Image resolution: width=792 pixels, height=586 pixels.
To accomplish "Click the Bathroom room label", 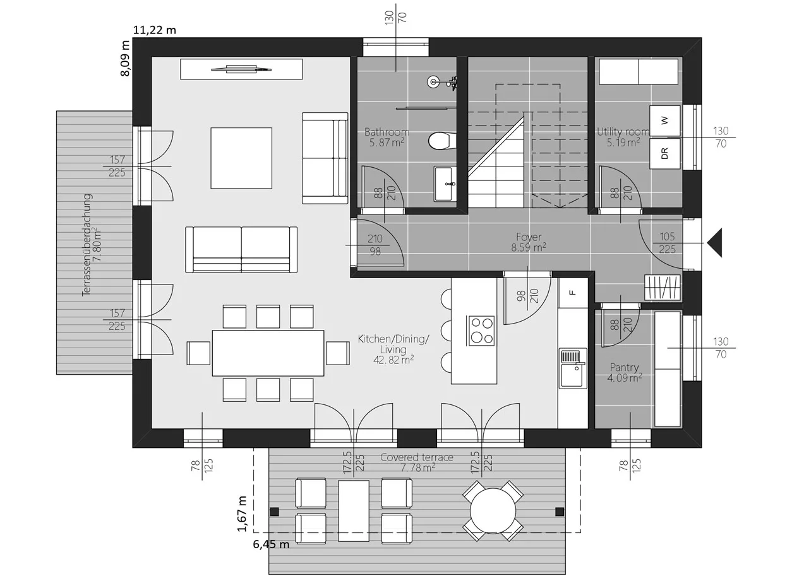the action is tap(387, 132).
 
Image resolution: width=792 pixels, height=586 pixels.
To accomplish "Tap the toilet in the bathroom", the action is tap(441, 141).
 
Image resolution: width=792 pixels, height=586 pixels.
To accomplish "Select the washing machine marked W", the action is tap(664, 120).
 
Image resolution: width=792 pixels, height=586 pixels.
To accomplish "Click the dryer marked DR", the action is tap(664, 154).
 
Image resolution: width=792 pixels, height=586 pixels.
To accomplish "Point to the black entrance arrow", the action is tap(715, 242).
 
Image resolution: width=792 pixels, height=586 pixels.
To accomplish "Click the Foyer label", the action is tap(529, 237).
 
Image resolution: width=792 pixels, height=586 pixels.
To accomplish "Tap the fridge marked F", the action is tap(573, 293).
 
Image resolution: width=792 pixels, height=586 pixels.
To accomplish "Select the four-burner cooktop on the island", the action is tap(482, 331).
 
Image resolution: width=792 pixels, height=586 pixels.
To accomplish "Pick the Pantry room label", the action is tap(624, 367).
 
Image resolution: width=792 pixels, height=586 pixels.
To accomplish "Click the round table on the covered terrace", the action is tap(493, 511).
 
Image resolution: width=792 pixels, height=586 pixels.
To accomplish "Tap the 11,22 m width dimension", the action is tap(155, 30).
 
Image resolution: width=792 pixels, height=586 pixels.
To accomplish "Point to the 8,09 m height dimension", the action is tap(125, 58).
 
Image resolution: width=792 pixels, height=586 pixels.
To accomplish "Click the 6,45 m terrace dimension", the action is tap(271, 544).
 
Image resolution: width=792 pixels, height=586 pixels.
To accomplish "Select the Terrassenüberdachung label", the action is tap(87, 245).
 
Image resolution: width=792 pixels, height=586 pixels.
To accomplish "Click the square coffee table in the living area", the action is tap(241, 158).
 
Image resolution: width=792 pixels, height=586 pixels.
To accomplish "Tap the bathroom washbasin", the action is tap(445, 184).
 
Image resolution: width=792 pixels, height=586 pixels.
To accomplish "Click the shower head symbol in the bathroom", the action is tap(433, 81).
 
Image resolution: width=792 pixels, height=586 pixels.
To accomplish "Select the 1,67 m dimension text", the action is tap(242, 513).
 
